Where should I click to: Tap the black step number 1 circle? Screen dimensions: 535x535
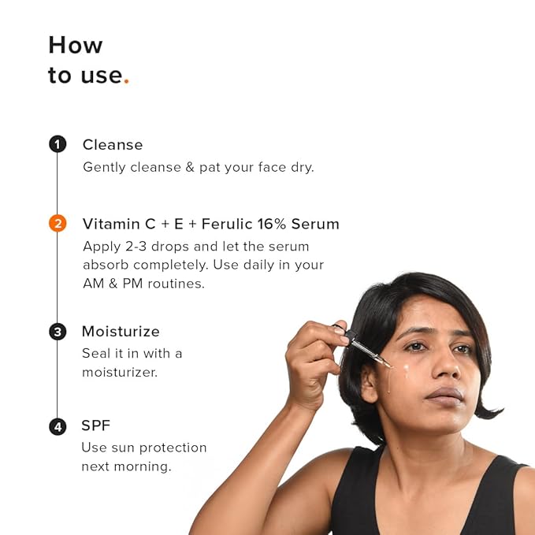point(57,144)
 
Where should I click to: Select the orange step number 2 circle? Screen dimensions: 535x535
point(57,224)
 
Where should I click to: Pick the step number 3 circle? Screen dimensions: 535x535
point(57,332)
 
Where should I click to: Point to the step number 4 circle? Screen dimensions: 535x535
point(57,426)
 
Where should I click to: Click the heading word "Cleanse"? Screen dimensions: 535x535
point(113,145)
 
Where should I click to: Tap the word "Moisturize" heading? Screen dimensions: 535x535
point(121,332)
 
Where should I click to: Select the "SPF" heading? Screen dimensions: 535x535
point(96,426)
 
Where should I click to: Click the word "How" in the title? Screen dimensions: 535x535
point(76,45)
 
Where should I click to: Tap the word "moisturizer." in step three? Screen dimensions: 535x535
point(120,372)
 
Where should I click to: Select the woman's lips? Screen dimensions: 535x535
point(446,393)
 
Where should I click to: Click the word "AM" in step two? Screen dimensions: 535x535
point(94,284)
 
